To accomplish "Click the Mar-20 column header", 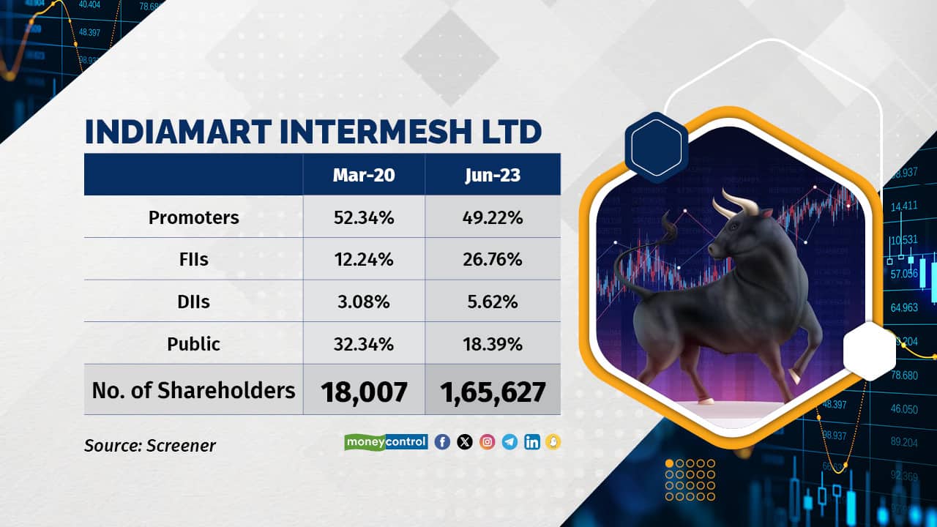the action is click(x=364, y=175).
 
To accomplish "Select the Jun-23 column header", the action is click(x=493, y=175).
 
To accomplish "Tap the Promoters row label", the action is click(x=194, y=217).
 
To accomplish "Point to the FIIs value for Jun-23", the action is click(x=493, y=260).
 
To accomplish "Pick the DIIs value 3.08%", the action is click(x=364, y=302).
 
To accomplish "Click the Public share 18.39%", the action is click(x=493, y=344).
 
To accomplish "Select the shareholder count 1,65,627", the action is click(x=493, y=392).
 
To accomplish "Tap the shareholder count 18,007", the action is click(x=364, y=392).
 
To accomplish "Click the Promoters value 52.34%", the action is click(x=364, y=217).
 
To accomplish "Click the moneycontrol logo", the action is click(x=386, y=442).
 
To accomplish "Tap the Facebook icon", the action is click(x=442, y=442).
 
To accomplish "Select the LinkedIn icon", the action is click(x=532, y=442).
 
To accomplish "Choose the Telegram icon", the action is click(x=509, y=442).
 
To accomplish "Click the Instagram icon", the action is click(x=488, y=442).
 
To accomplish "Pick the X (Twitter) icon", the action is click(x=465, y=442).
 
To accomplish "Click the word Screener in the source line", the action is click(x=181, y=446).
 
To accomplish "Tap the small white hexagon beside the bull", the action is click(x=869, y=351).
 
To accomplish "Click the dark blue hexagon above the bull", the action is click(x=657, y=148).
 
